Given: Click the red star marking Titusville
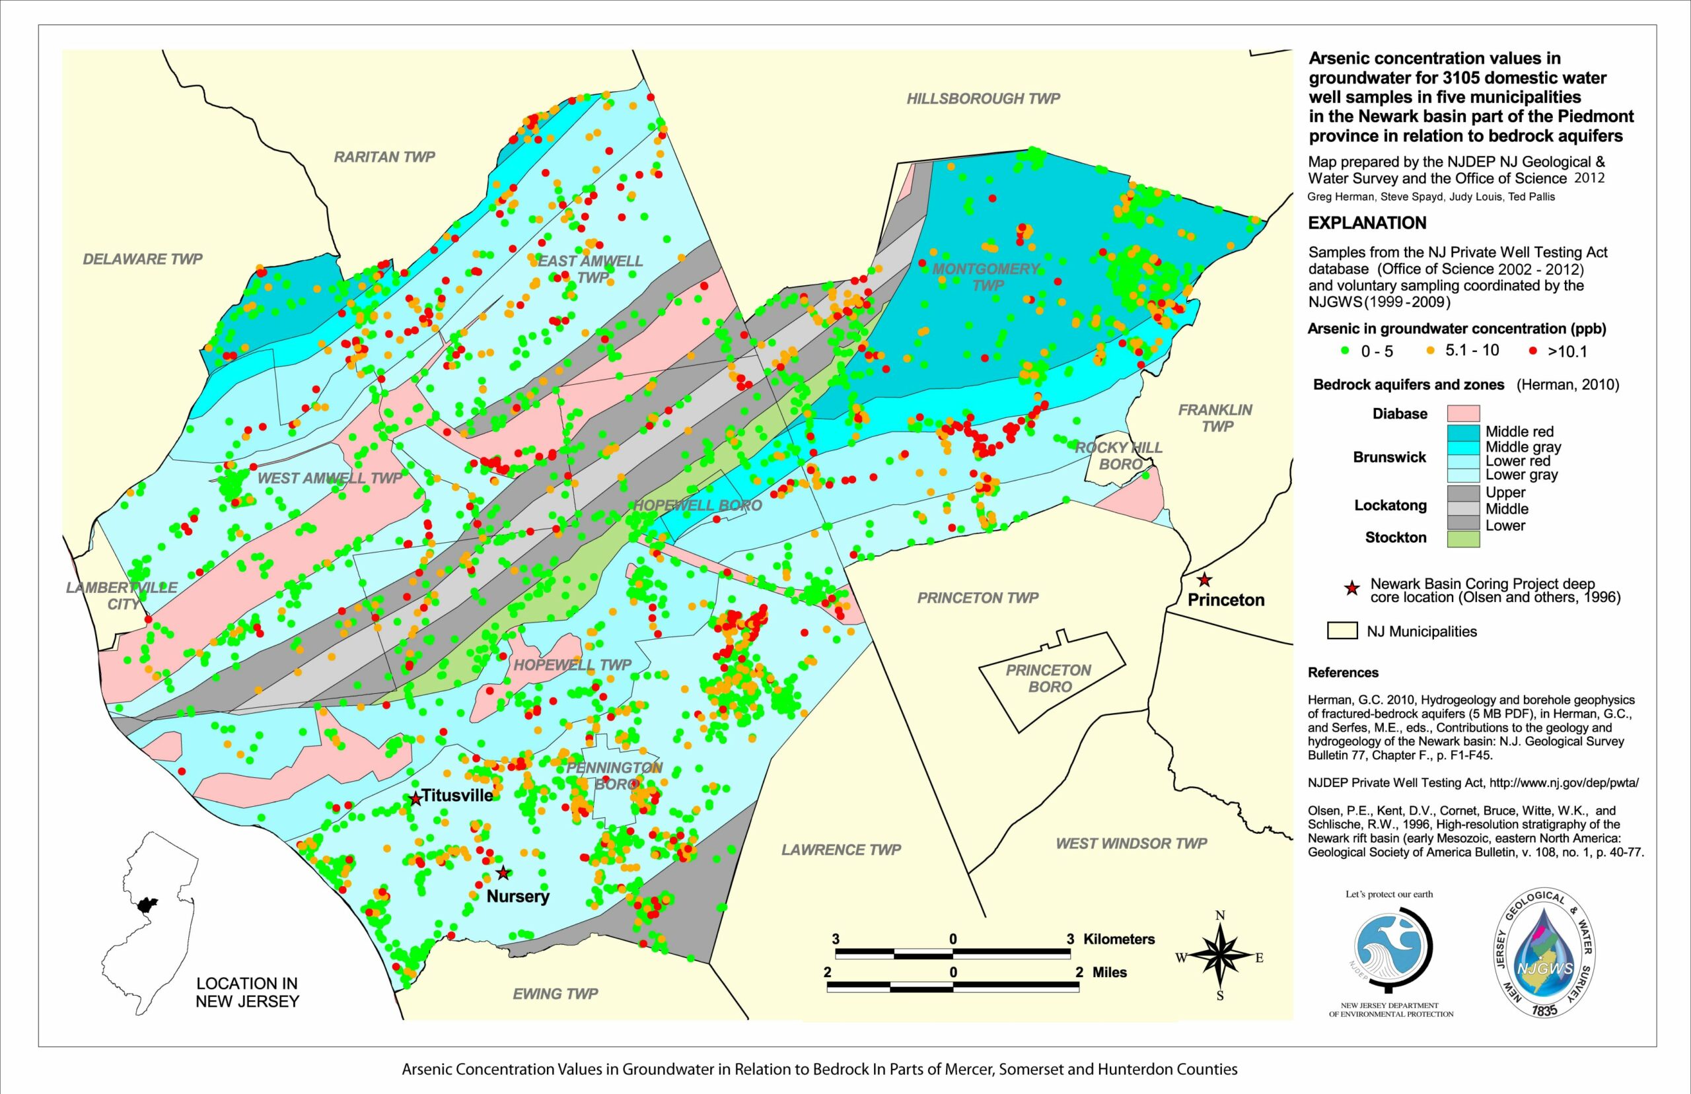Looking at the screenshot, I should point(415,798).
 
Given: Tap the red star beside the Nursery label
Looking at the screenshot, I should point(503,872).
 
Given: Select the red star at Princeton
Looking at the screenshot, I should point(1204,580).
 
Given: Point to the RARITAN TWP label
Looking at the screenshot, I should point(384,157).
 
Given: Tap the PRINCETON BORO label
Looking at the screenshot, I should point(1048,679).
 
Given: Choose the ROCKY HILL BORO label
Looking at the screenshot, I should point(1118,456).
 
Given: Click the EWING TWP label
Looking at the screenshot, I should point(555,994).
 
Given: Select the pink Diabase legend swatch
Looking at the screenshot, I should point(1463,413).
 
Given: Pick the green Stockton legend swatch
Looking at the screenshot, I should point(1463,539).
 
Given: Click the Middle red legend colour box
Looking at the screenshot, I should point(1463,432).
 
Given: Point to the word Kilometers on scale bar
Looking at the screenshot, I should point(1118,939).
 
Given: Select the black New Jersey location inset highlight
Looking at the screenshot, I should point(148,906).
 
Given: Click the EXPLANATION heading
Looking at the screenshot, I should point(1367,223).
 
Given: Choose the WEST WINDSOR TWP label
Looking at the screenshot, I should point(1131,843).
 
